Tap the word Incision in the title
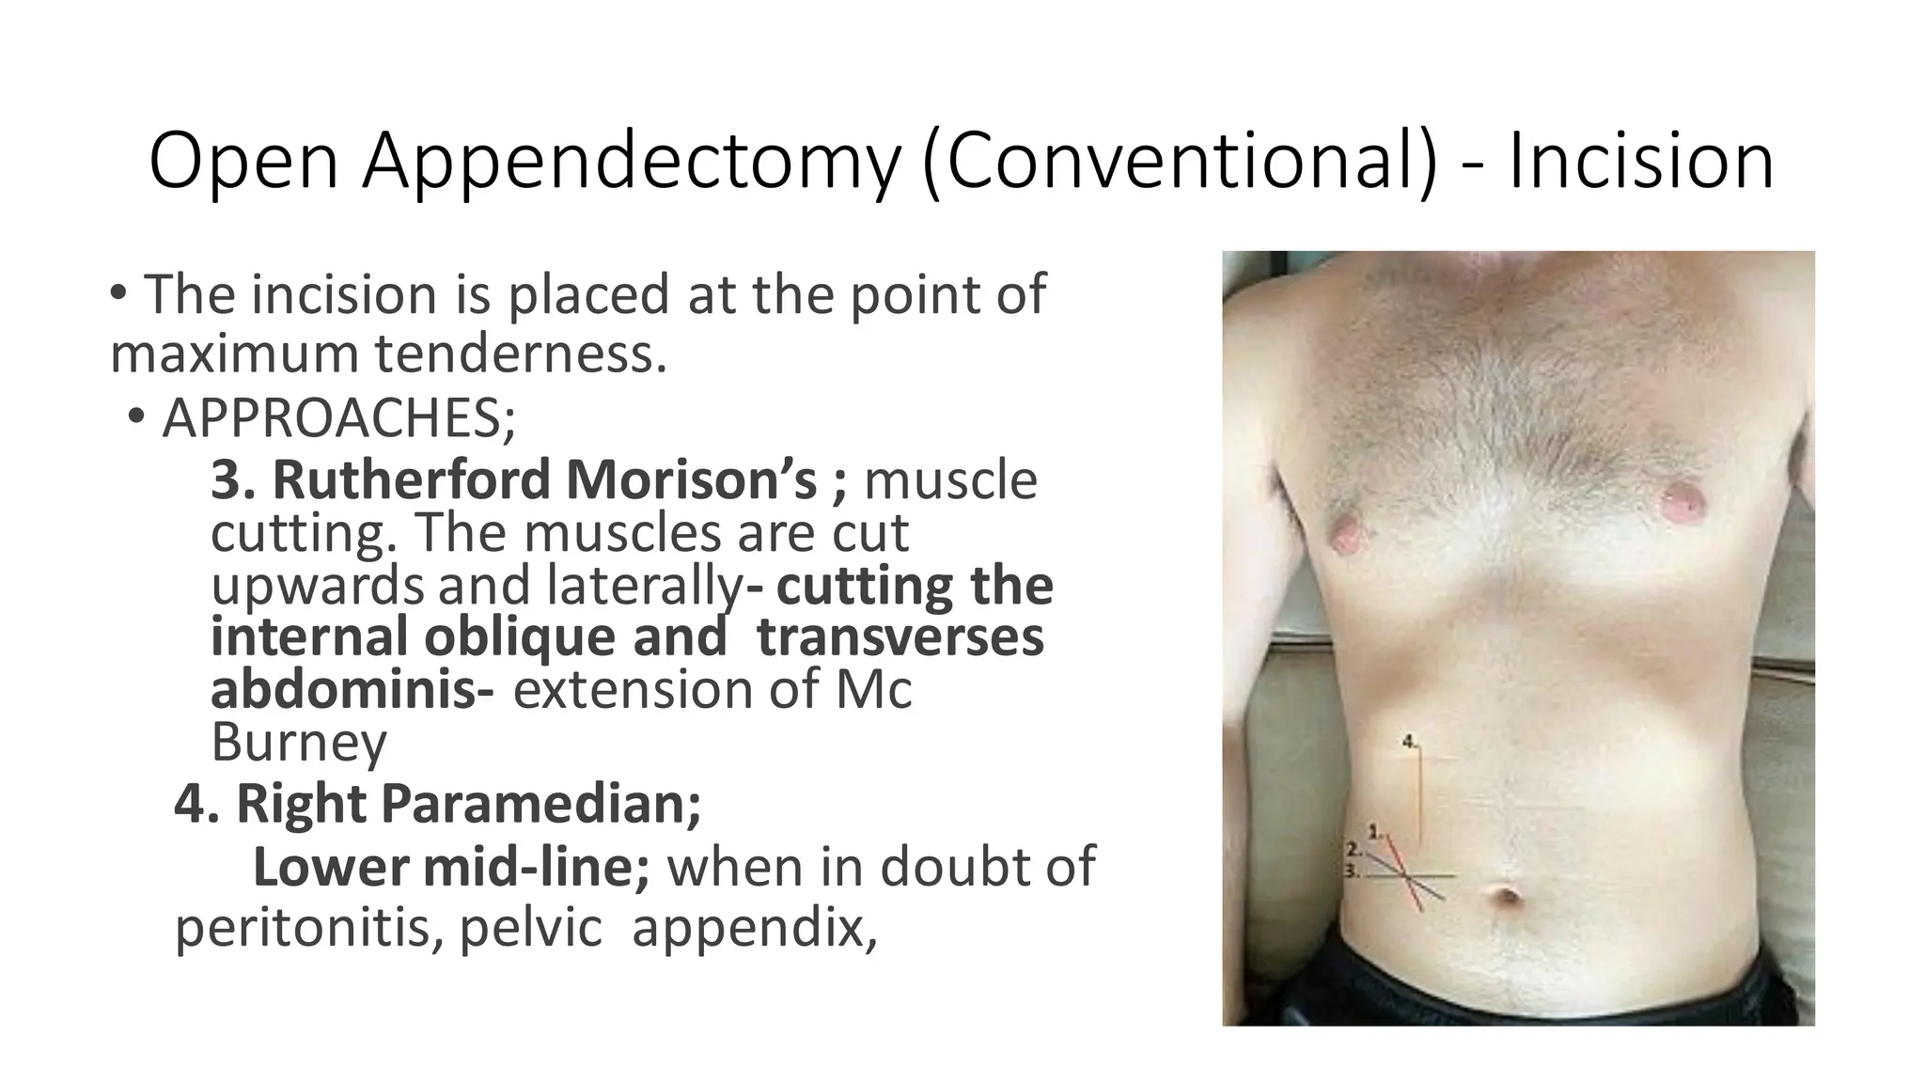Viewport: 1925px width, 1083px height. coord(1641,162)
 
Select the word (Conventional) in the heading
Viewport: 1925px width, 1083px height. coord(1181,162)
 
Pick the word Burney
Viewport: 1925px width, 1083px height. coord(298,742)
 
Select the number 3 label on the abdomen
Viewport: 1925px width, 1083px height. coord(1354,871)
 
